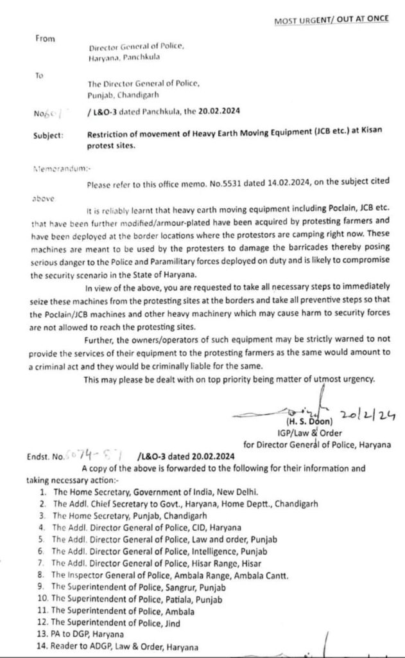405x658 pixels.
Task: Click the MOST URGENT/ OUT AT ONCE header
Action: (x=331, y=20)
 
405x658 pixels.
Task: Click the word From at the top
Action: (x=46, y=39)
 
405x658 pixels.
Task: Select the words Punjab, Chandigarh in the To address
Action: (x=126, y=94)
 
